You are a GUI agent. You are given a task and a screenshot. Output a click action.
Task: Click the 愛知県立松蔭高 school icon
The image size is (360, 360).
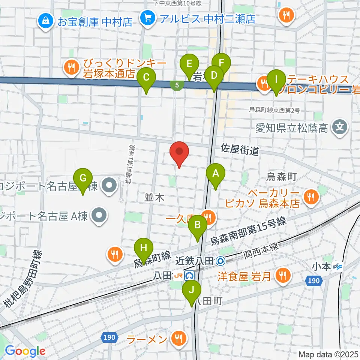(340, 129)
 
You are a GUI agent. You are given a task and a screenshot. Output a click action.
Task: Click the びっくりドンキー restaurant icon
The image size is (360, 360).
(70, 67)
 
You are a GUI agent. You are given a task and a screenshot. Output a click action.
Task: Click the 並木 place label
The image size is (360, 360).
(154, 198)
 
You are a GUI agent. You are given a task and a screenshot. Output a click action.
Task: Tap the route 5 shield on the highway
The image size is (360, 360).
(177, 85)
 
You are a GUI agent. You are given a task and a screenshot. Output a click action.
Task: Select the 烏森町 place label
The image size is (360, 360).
(282, 177)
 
